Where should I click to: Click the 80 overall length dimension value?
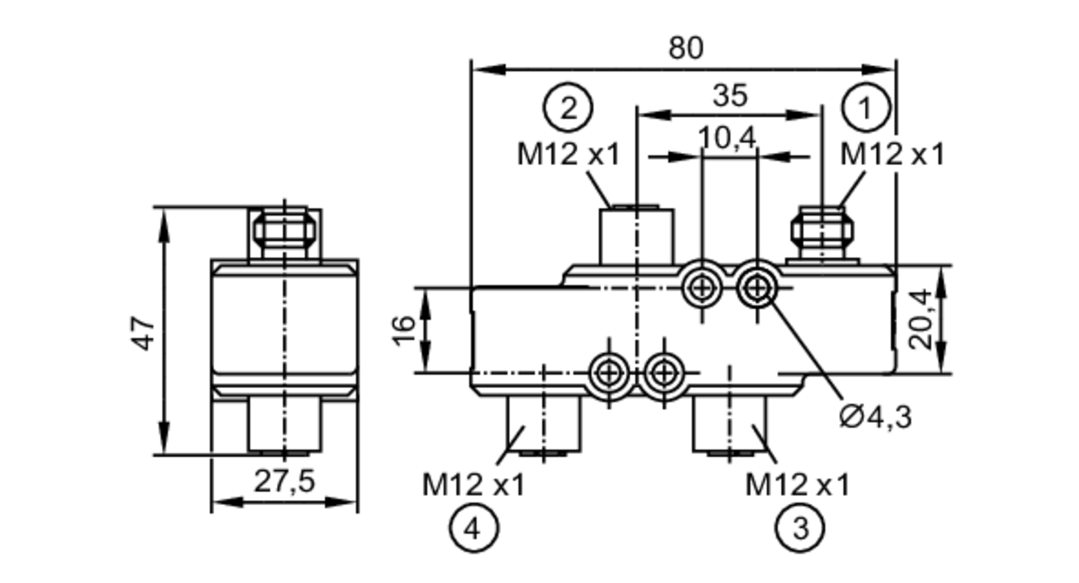(x=686, y=48)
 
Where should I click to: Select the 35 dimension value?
(x=729, y=96)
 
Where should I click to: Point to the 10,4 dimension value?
(x=727, y=138)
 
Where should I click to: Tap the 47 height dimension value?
(x=144, y=333)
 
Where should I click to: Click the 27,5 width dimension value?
(x=284, y=481)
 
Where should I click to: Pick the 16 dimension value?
(x=404, y=330)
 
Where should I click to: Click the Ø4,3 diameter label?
(x=876, y=417)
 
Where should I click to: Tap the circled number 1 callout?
(x=865, y=107)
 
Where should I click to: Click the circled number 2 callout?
(x=568, y=107)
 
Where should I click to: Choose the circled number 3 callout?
(x=800, y=528)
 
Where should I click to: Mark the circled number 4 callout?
(x=473, y=528)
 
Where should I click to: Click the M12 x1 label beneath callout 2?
(x=569, y=154)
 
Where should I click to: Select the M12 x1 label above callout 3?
(x=797, y=484)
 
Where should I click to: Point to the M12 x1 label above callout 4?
(x=473, y=484)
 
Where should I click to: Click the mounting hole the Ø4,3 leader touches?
(x=757, y=288)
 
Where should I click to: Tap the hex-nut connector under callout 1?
(x=822, y=232)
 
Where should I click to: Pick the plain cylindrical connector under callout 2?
(x=637, y=235)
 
